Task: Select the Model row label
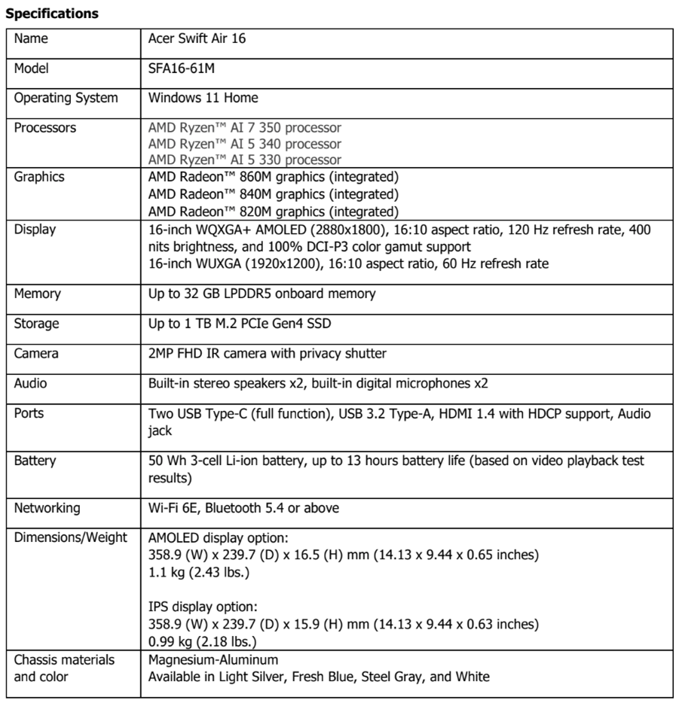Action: coord(32,68)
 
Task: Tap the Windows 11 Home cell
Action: coord(203,98)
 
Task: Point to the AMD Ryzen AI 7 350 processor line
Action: coord(245,128)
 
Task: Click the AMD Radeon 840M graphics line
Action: coord(273,194)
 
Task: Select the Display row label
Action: coord(35,230)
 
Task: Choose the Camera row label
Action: coord(36,354)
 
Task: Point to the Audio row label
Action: coord(31,383)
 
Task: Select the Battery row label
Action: coord(35,461)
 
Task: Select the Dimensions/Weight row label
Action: coord(71,538)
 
